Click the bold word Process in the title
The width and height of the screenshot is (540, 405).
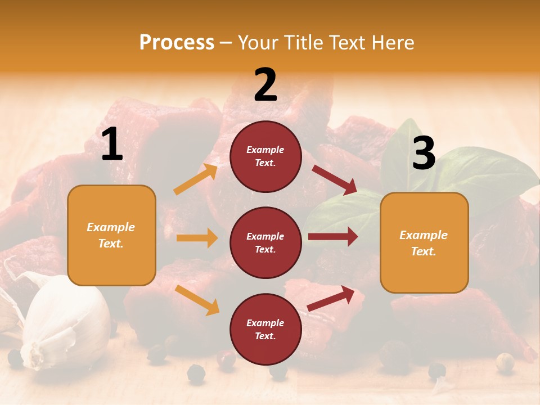click(177, 42)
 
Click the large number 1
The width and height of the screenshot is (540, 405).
click(112, 145)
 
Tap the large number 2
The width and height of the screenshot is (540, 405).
click(265, 85)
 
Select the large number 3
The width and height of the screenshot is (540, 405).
click(424, 154)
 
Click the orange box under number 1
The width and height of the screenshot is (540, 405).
click(111, 235)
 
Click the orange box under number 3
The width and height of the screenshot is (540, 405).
click(424, 242)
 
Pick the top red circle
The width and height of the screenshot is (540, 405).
click(265, 156)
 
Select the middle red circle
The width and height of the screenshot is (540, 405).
click(265, 242)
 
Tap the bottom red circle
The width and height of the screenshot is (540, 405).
click(265, 329)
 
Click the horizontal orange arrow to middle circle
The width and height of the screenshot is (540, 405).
click(196, 238)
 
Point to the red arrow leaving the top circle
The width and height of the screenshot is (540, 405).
click(335, 179)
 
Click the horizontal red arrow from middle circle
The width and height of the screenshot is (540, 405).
click(333, 237)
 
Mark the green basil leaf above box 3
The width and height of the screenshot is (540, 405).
click(484, 169)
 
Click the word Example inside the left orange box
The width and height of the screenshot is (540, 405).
click(111, 227)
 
